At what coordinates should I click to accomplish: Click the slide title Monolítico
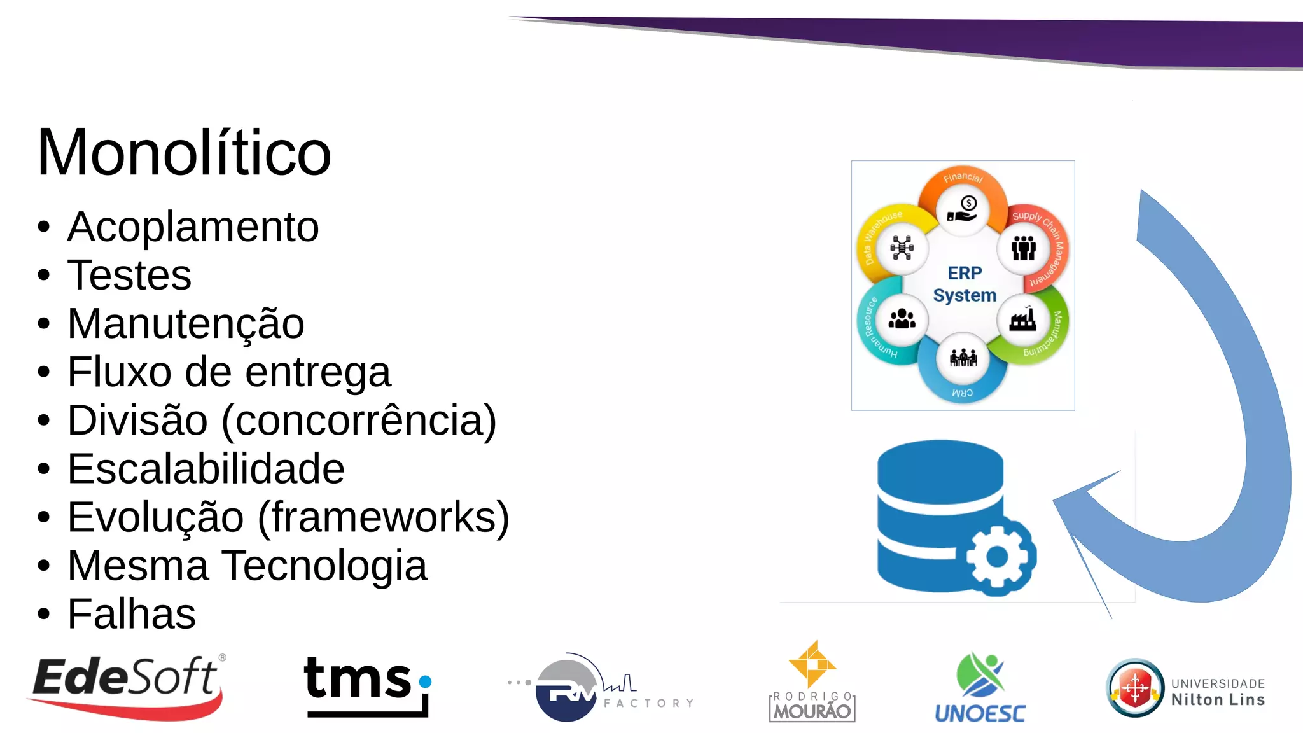click(x=184, y=153)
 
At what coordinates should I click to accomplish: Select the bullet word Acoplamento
click(x=193, y=227)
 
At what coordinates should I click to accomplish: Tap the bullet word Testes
click(x=129, y=275)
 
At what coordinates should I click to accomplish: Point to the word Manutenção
click(x=186, y=323)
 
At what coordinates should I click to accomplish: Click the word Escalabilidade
click(x=206, y=469)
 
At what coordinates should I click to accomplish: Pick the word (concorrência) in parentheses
click(x=359, y=421)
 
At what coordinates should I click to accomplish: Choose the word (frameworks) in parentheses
click(x=384, y=517)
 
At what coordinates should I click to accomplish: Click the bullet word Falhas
click(x=131, y=614)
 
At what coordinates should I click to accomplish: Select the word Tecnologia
click(x=325, y=566)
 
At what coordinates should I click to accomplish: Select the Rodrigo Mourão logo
click(x=812, y=682)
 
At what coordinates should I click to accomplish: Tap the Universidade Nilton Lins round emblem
click(x=1135, y=688)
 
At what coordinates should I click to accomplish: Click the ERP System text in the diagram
click(x=965, y=284)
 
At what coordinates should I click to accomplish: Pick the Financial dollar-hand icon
click(x=963, y=209)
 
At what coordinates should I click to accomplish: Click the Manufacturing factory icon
click(x=1022, y=319)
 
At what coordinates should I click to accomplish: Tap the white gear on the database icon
click(x=997, y=557)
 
